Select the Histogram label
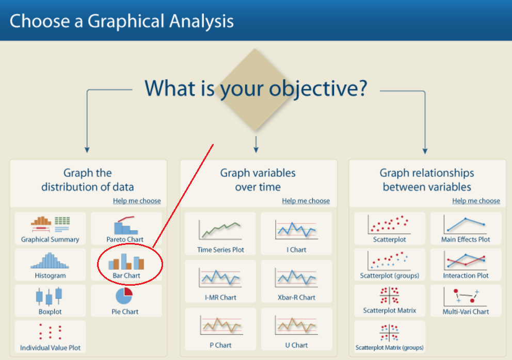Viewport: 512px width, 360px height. coord(50,275)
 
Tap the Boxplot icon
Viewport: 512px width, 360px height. coord(49,296)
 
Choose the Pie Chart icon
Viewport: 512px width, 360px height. coord(124,296)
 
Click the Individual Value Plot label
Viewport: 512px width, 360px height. coord(50,348)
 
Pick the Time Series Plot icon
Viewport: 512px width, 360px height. coord(220,230)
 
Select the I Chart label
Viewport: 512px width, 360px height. coord(296,250)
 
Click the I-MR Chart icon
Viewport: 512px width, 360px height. coord(220,279)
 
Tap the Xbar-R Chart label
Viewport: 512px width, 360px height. coord(296,297)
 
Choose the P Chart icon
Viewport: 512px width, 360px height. coord(221,325)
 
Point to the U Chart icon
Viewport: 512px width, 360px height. coord(296,325)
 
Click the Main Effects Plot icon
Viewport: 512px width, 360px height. coord(465,224)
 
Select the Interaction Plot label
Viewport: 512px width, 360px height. coord(466,275)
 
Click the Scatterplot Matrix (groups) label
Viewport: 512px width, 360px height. coord(390,348)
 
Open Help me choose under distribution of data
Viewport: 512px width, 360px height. coord(137,201)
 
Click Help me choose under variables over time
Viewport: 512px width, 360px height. coord(306,201)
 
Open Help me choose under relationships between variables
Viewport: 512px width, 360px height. coord(476,201)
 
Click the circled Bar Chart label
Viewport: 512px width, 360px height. coord(126,275)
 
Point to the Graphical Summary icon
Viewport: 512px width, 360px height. coord(50,224)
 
